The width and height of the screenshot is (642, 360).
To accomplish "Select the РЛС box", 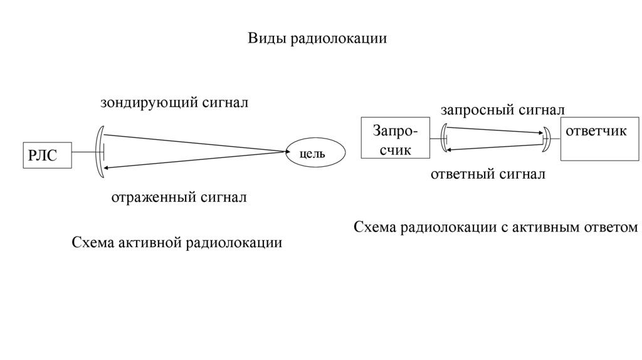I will point(48,154).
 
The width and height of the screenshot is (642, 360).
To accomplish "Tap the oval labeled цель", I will point(316,153).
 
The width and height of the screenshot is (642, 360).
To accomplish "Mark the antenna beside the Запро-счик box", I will point(445,138).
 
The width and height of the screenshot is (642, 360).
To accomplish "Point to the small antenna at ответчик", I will point(545,137).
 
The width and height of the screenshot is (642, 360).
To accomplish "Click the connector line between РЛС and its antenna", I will point(84,152).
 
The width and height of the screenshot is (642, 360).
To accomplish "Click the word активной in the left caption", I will point(147,242).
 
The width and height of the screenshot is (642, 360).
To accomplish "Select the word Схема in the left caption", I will point(92,242).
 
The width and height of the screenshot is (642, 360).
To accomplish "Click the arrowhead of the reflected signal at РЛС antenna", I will point(108,167).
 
